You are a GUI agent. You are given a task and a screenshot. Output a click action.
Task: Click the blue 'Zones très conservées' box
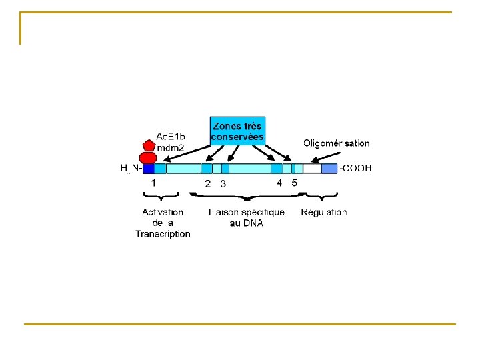click(x=237, y=131)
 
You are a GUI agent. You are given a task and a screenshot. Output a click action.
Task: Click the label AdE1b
click(x=171, y=136)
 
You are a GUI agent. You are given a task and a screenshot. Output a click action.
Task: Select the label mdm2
click(x=170, y=147)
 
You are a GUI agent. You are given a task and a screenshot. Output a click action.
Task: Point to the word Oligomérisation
click(x=336, y=143)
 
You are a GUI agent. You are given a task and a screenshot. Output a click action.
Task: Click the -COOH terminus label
click(x=357, y=169)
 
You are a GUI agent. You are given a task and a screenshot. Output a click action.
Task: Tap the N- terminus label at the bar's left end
click(x=135, y=169)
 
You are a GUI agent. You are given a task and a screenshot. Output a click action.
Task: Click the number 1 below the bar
click(x=154, y=182)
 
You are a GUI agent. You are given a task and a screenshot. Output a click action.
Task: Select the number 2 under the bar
click(x=208, y=183)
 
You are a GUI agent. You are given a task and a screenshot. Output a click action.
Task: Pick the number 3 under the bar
click(x=223, y=183)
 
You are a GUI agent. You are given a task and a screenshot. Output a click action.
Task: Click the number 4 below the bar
click(x=279, y=183)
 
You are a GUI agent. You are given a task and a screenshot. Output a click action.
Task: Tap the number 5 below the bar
click(x=295, y=183)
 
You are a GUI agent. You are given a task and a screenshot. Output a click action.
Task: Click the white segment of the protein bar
click(x=312, y=169)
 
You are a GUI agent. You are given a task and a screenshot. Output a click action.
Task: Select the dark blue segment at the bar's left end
click(x=148, y=169)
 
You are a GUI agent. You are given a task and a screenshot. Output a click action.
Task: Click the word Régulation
click(x=324, y=212)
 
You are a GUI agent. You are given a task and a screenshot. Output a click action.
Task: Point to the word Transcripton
click(x=163, y=233)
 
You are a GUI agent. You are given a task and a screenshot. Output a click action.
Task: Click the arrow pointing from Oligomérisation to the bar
click(x=325, y=157)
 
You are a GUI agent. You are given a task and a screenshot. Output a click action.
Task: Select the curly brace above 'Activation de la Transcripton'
click(x=161, y=195)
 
